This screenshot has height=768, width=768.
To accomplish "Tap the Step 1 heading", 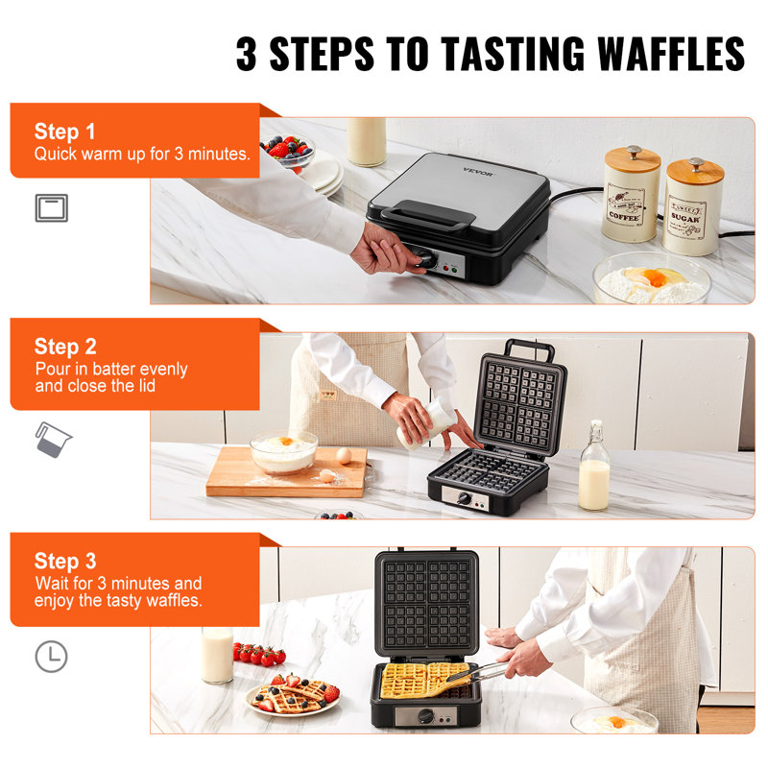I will coord(65,132).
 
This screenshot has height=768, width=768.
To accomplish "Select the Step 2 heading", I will coord(65,347).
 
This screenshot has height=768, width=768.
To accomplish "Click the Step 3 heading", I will coord(65,561).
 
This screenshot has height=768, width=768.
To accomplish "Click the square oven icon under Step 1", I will coord(52,206).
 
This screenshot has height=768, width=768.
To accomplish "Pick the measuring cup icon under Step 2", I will coord(53,438).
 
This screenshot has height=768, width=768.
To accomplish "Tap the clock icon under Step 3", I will coord(52,656).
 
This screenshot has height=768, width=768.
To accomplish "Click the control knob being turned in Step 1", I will coord(422,257).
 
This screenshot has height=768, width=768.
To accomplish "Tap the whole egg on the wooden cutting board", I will coord(343,455).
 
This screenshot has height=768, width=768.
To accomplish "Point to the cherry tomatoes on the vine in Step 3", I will coord(259,655).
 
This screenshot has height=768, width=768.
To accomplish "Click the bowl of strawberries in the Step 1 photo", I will coord(288,151).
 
